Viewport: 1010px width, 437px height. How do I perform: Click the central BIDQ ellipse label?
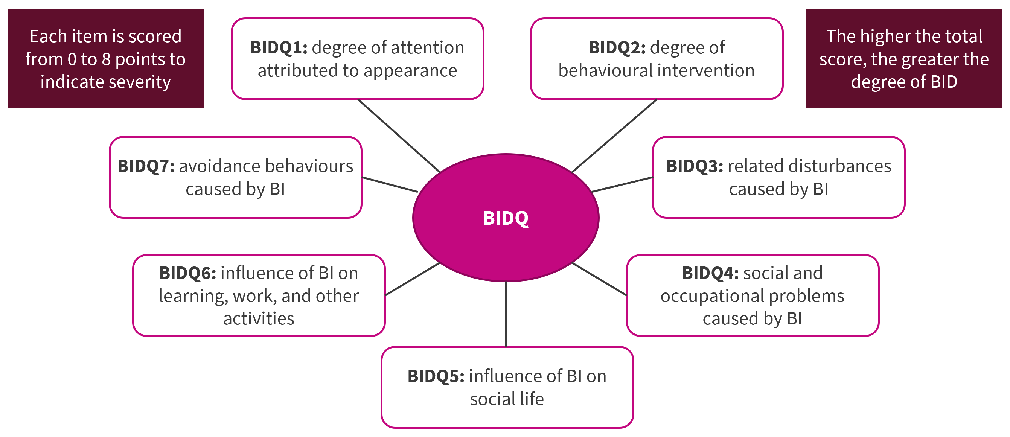click(506, 218)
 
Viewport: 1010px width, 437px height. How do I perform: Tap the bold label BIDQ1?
click(279, 47)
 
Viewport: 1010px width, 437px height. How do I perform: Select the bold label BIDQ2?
click(617, 47)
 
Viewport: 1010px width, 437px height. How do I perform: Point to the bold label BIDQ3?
click(695, 166)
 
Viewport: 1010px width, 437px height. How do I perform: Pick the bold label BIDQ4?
click(710, 273)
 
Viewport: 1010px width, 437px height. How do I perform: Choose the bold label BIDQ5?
click(436, 376)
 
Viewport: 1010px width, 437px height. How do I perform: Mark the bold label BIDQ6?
click(187, 273)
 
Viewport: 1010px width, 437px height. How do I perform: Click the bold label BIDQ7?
click(146, 166)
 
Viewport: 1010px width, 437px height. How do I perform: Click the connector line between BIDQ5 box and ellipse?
click(506, 314)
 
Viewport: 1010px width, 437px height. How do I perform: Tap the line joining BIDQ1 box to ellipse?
click(399, 136)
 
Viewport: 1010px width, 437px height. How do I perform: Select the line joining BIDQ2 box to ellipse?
click(614, 136)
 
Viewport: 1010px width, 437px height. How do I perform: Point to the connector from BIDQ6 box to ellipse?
click(413, 279)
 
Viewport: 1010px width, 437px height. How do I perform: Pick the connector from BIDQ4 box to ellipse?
click(599, 279)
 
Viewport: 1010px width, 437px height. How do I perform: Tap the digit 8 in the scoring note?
click(106, 59)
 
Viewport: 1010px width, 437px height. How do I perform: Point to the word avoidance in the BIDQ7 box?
click(217, 166)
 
